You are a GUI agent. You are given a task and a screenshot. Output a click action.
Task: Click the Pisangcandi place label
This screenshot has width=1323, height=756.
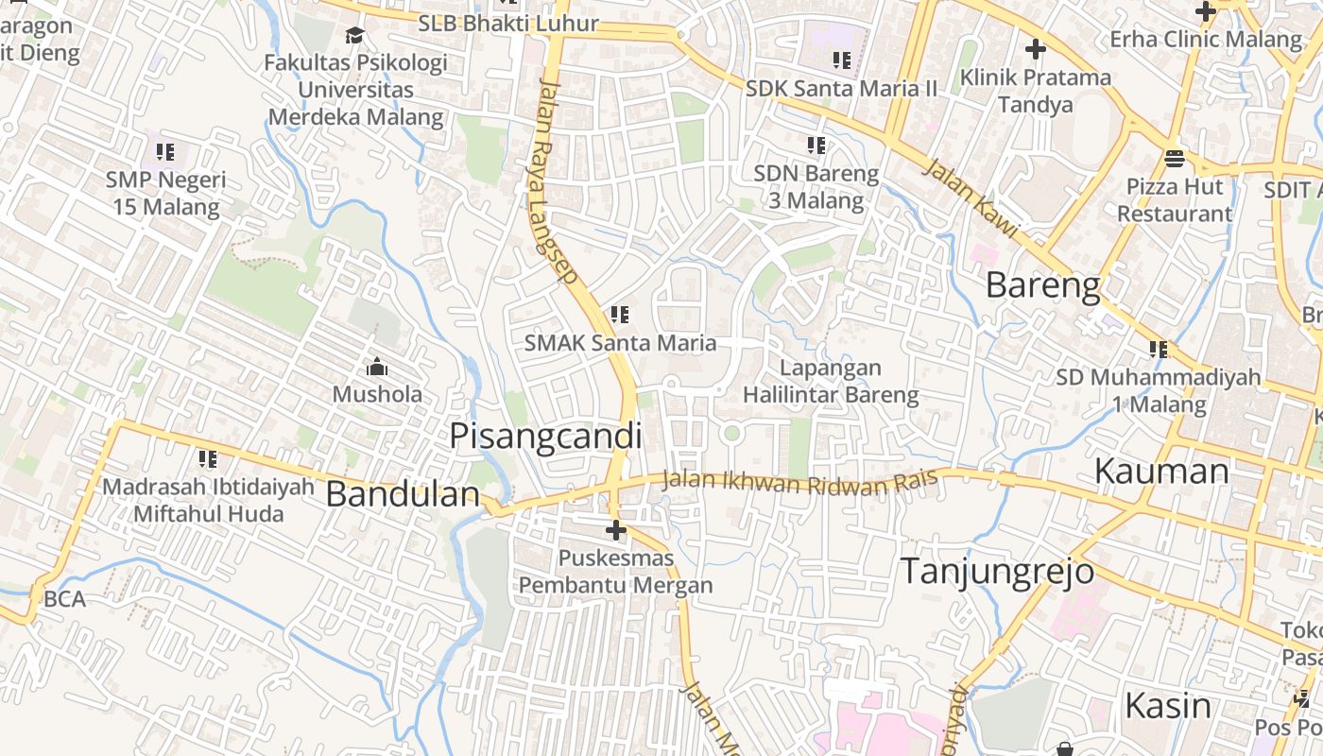545,437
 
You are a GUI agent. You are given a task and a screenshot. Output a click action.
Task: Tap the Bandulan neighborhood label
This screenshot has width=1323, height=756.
404,494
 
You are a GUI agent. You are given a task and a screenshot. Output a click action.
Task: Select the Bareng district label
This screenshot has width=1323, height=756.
1043,284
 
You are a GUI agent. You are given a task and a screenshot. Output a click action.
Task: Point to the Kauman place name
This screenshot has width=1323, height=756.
1161,471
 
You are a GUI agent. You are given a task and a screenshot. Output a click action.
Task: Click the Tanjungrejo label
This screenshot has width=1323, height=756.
997,571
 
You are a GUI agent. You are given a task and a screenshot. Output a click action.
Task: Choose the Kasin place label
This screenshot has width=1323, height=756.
1168,705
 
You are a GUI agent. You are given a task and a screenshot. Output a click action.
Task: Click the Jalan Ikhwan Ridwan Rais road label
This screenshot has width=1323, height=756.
799,482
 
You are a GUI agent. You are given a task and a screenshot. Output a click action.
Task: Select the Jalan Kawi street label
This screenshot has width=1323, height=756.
970,198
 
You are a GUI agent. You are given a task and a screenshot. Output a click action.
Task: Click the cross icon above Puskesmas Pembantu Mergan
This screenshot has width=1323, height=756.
616,530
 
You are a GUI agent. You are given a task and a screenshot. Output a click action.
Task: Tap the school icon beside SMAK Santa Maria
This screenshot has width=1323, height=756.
620,314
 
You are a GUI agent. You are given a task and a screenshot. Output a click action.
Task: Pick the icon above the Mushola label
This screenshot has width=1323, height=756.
377,367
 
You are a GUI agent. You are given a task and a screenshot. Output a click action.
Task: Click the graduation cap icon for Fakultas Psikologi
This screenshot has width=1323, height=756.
354,36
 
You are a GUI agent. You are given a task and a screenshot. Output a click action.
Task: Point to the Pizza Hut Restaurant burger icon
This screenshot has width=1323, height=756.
1175,158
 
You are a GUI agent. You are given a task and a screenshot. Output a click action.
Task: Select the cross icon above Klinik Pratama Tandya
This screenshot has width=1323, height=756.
1036,48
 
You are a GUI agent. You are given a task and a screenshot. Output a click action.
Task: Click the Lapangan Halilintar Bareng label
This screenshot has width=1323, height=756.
831,381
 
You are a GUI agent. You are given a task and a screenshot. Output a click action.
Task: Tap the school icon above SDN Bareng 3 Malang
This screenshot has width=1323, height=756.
816,146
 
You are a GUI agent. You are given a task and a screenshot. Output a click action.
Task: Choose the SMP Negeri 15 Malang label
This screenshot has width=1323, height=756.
166,193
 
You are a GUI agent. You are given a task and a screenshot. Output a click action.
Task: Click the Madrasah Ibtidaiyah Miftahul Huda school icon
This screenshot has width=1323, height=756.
208,459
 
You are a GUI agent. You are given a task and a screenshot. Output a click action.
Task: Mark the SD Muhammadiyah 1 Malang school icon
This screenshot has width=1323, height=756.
1159,350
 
